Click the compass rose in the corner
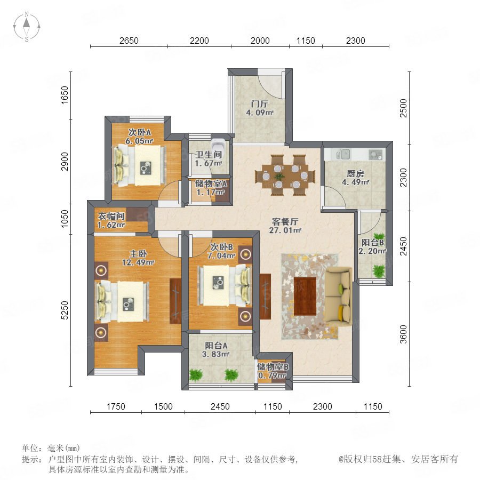[x=27, y=27]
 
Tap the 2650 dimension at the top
[x=129, y=41]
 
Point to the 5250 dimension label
[x=65, y=310]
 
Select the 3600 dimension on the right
[x=404, y=334]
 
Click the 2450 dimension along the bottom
[x=220, y=406]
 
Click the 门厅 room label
[x=259, y=104]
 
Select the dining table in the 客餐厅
[x=285, y=175]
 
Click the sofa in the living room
[x=338, y=294]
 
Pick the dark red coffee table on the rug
[x=305, y=297]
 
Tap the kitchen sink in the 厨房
[x=343, y=154]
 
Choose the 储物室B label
[x=273, y=367]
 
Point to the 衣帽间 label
[x=111, y=216]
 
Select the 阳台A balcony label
[x=216, y=346]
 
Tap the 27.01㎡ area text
[x=285, y=230]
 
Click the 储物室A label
[x=211, y=183]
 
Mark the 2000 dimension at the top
[x=260, y=41]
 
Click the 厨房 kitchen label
[x=355, y=173]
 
